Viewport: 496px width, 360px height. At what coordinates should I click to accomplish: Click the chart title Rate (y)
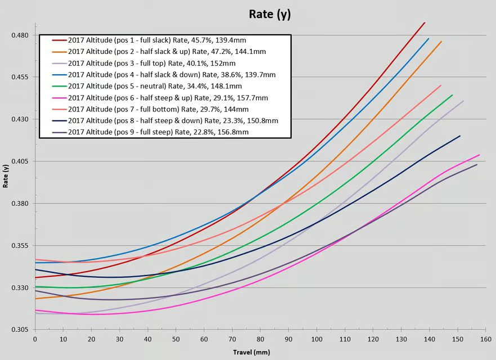(x=270, y=14)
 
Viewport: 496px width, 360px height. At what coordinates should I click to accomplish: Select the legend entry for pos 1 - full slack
(x=157, y=40)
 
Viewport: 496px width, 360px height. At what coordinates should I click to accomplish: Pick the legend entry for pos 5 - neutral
(x=155, y=86)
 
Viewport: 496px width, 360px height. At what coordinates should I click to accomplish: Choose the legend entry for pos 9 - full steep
(x=158, y=132)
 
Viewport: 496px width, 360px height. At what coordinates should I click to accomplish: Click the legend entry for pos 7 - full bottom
(x=158, y=109)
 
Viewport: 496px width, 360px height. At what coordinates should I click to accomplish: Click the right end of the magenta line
(x=479, y=155)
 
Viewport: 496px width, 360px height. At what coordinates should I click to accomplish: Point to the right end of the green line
(x=452, y=95)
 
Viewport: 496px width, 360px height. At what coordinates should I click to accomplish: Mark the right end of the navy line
(x=460, y=136)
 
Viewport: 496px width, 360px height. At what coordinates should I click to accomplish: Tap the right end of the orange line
(x=441, y=41)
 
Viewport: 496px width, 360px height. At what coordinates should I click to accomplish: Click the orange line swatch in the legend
(x=59, y=52)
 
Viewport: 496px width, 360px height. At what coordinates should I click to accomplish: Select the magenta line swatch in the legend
(x=59, y=98)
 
